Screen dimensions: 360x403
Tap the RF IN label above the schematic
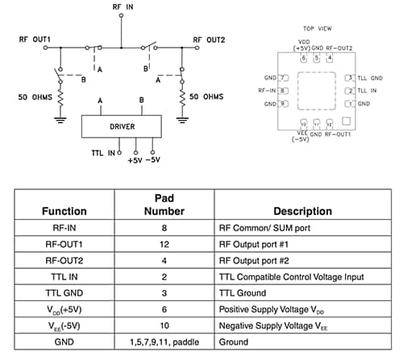point(123,6)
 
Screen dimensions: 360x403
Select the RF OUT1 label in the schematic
point(35,39)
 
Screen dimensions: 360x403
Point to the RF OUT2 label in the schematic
point(209,39)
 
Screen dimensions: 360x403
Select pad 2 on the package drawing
point(350,91)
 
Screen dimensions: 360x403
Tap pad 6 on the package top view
point(304,58)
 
